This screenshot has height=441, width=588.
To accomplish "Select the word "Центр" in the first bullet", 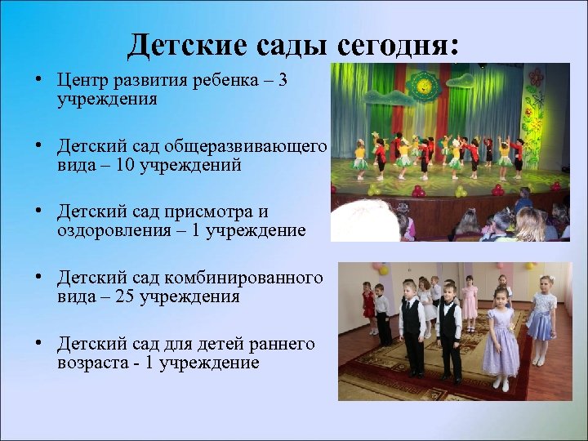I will tap(82, 82).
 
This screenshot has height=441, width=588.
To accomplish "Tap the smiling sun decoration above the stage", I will tap(423, 85).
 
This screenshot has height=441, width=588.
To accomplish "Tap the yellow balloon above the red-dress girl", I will tap(364, 268).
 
